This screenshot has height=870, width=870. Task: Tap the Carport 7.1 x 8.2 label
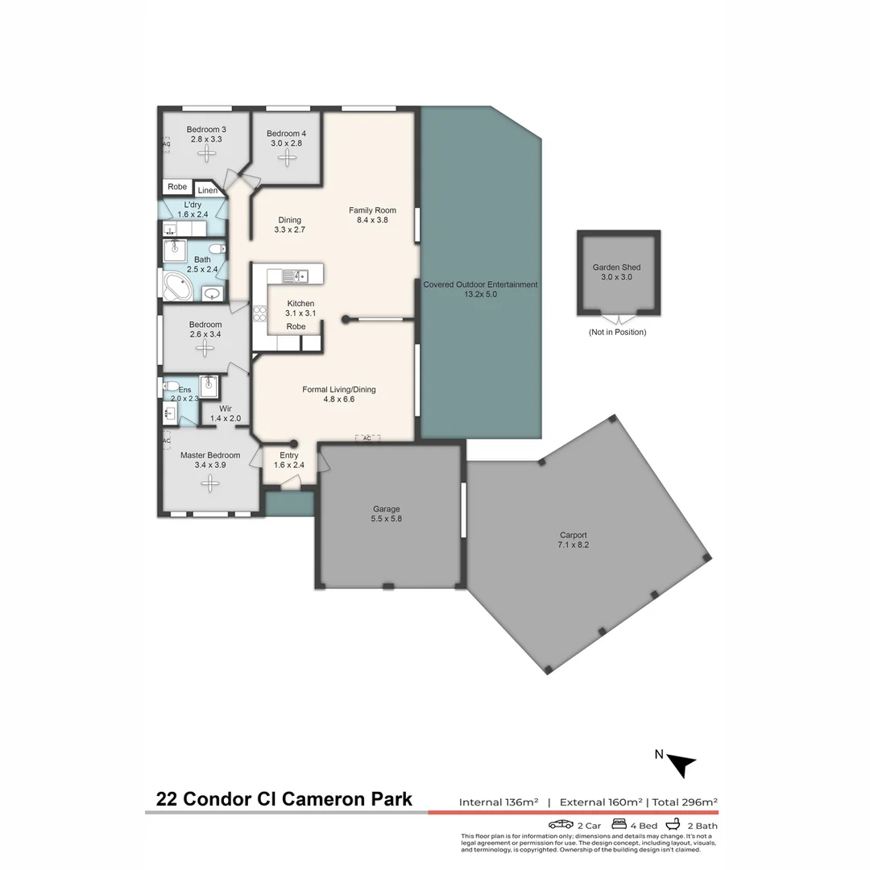(574, 540)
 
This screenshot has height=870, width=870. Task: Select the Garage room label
(386, 514)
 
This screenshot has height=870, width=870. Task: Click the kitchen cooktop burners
(259, 313)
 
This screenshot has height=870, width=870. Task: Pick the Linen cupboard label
(207, 191)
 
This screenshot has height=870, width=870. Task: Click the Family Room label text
(372, 215)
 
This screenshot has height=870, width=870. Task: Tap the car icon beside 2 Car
(561, 825)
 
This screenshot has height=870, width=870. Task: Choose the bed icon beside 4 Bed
(619, 824)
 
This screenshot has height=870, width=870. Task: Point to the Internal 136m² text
(498, 802)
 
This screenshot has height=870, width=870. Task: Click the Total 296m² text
(685, 802)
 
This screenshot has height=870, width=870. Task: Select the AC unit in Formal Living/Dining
(367, 438)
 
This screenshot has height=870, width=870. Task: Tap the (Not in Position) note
(617, 332)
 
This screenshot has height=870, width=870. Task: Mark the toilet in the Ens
(171, 385)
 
